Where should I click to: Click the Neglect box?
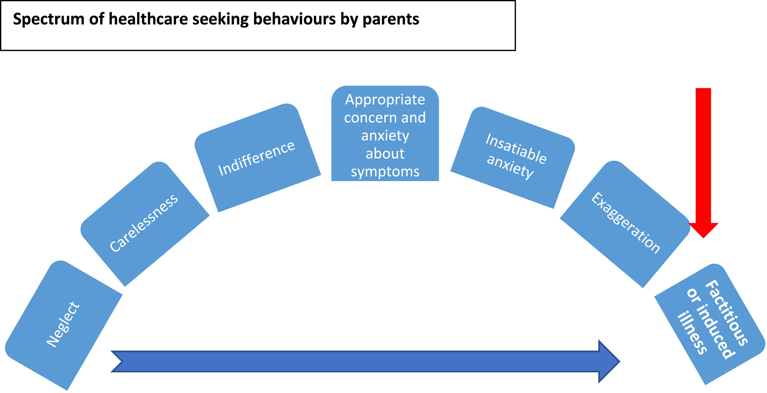pos(63,325)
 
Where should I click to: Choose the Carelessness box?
pos(145,224)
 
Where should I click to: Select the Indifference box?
pos(257,158)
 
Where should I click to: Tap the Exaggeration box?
pos(625,224)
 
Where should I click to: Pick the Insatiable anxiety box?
pos(513,157)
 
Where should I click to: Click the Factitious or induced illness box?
pos(709,324)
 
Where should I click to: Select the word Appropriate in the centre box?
pos(385,100)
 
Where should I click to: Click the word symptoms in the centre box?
pos(385,172)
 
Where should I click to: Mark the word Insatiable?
pos(516,148)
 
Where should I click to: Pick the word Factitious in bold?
pos(726,313)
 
